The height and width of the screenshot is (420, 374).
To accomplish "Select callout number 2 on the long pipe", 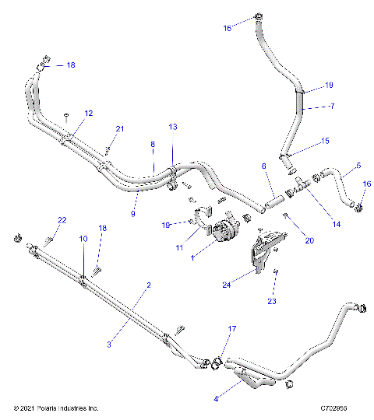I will tap(148, 285).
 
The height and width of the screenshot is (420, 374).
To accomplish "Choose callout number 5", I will tap(358, 166).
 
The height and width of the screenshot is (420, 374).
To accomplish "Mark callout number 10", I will tap(83, 240).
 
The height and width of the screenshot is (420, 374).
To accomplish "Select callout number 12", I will tap(89, 113).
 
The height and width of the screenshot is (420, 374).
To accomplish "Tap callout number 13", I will tap(172, 126).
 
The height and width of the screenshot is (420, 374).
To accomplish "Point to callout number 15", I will tap(326, 141).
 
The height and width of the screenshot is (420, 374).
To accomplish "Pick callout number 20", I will tap(309, 241).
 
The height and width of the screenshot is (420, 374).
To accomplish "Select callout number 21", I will tap(119, 128).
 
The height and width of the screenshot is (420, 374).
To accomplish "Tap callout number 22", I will tap(62, 220).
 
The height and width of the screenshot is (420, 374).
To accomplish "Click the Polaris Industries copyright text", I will tap(58, 408).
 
